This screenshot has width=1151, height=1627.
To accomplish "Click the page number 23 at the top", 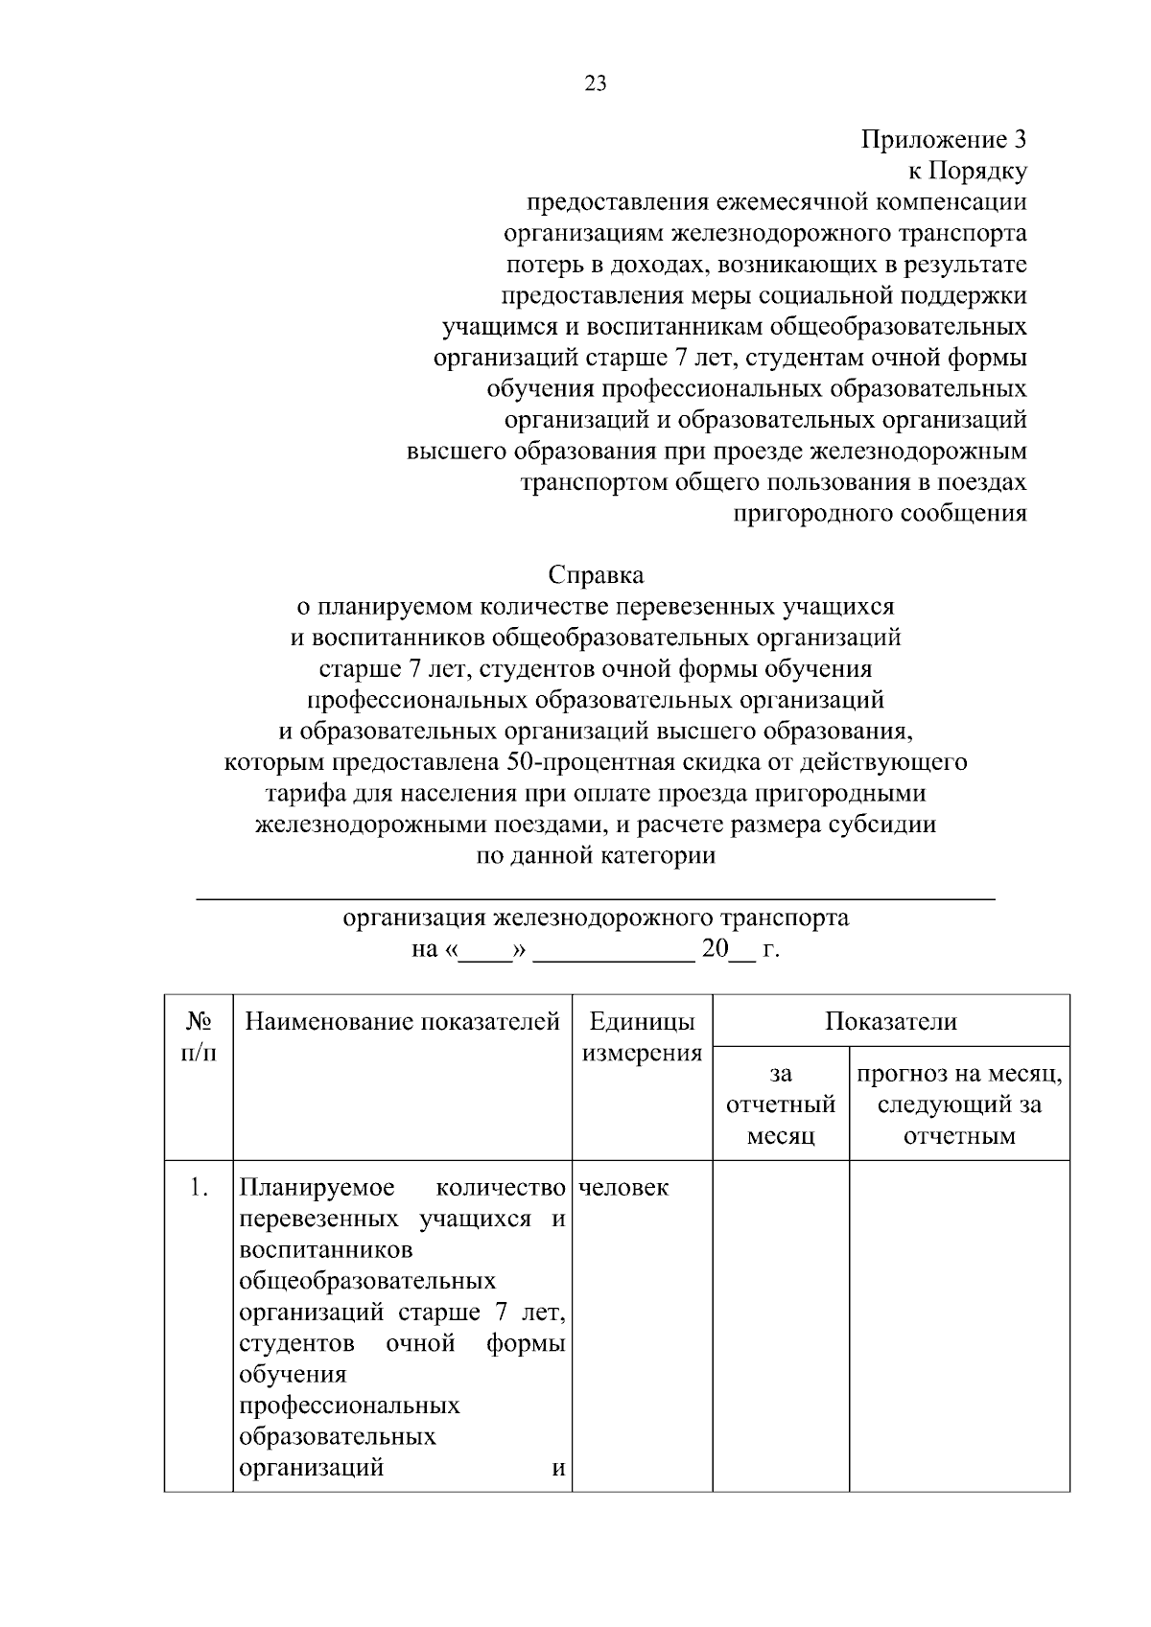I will pos(595,83).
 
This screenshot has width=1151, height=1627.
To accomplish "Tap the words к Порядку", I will pos(966,172).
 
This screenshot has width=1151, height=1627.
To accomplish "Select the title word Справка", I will pos(596,575).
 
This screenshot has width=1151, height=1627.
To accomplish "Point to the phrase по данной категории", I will pos(596,856).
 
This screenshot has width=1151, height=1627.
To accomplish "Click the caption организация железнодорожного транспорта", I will pos(596,918).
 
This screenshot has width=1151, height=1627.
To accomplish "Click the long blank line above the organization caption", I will pos(596,898).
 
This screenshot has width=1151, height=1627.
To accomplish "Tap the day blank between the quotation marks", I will pos(487,952).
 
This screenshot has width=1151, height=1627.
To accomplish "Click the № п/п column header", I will pos(199,1036).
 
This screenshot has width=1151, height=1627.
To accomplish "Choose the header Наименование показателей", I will pos(402,1022).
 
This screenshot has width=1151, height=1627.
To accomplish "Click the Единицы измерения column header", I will pos(642,1036).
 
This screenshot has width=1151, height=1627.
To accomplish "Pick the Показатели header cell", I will pos(891,1022).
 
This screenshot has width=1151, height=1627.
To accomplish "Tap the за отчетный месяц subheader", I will pos(781,1104).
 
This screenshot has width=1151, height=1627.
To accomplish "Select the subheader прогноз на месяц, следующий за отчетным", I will pos(959,1104).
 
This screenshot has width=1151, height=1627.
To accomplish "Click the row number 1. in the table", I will pos(199,1188).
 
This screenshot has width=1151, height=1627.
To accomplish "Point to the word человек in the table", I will pos(624,1188).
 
